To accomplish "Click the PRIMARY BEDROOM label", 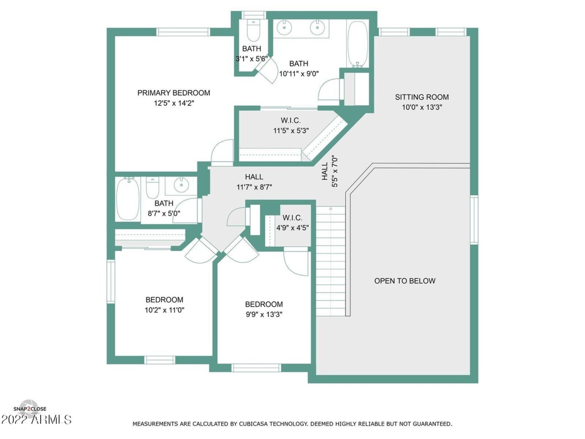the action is (174, 93).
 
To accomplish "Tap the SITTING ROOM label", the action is (422, 97).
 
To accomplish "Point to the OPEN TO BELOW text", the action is (405, 281).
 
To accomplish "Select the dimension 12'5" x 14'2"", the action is (174, 103).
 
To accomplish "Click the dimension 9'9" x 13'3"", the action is (264, 315).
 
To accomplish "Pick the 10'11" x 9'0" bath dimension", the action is (299, 74).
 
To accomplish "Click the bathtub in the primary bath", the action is (358, 44).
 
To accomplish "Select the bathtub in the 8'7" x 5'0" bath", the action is (128, 199).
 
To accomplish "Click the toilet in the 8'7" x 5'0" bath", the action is (152, 188).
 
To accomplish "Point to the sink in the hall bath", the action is (181, 184).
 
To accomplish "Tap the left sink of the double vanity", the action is (284, 27).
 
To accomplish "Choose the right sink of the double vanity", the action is (317, 27).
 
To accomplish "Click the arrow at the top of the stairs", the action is (331, 209).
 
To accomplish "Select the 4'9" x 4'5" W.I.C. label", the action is (292, 218).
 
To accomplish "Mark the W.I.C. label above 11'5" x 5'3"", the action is (291, 120).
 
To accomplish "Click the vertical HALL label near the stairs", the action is (325, 171).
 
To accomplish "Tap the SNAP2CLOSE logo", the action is (30, 409).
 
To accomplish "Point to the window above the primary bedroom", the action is (183, 32).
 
